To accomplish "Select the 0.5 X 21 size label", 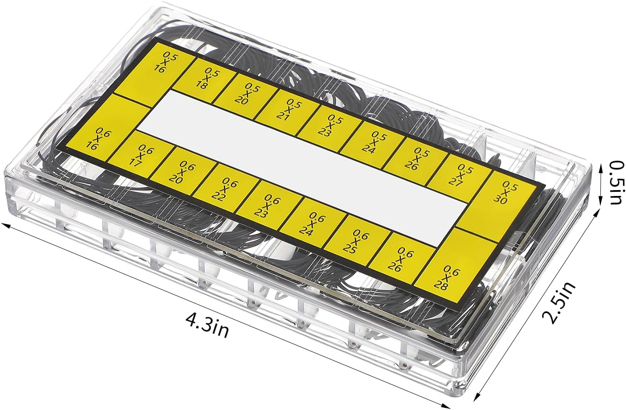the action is [x=291, y=110].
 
